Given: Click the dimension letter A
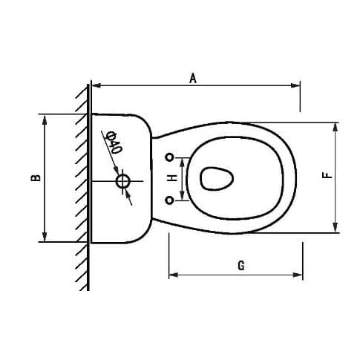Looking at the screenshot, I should click(x=192, y=77).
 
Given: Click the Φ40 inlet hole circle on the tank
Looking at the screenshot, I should click(x=123, y=180).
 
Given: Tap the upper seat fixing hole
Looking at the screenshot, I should click(x=170, y=157).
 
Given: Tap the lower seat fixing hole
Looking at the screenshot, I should click(x=170, y=200).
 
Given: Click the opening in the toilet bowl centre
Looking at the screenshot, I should click(x=217, y=177).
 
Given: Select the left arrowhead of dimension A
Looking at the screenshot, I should click(x=94, y=86).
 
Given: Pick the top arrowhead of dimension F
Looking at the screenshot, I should click(x=336, y=125).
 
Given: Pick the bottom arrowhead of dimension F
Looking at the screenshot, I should click(x=336, y=228).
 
